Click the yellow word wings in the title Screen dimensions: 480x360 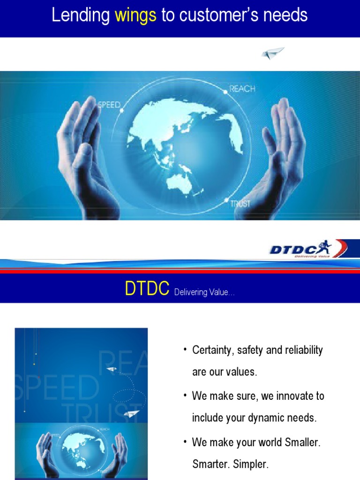pos(135,16)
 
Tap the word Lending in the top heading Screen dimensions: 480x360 pos(81,16)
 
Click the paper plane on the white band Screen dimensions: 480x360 pos(273,53)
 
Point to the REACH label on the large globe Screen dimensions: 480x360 pos(243,89)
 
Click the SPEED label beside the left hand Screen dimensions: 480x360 pos(109,104)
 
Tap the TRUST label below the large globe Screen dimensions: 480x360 pos(240,204)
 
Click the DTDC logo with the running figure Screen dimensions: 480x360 pos(307,248)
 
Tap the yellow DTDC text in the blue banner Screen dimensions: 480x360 pos(147,290)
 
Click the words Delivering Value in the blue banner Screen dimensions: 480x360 pos(204,292)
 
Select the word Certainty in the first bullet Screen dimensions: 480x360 pos(212,351)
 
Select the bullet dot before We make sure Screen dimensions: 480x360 pos(185,396)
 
